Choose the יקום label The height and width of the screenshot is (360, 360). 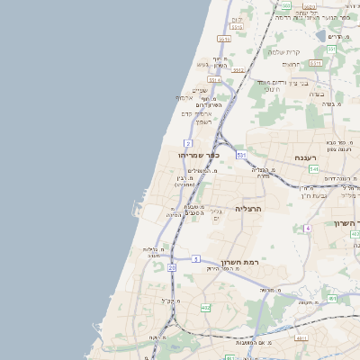238,19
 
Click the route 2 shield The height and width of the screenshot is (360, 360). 187,143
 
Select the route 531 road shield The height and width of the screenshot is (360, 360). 241,155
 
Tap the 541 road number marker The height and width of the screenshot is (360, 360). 313,168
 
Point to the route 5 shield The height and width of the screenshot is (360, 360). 195,259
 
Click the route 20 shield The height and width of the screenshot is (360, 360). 171,267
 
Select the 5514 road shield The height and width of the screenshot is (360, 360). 214,80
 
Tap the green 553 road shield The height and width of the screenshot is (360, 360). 331,49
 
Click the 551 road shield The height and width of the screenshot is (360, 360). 315,64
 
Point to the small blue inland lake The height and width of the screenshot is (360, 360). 320,35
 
